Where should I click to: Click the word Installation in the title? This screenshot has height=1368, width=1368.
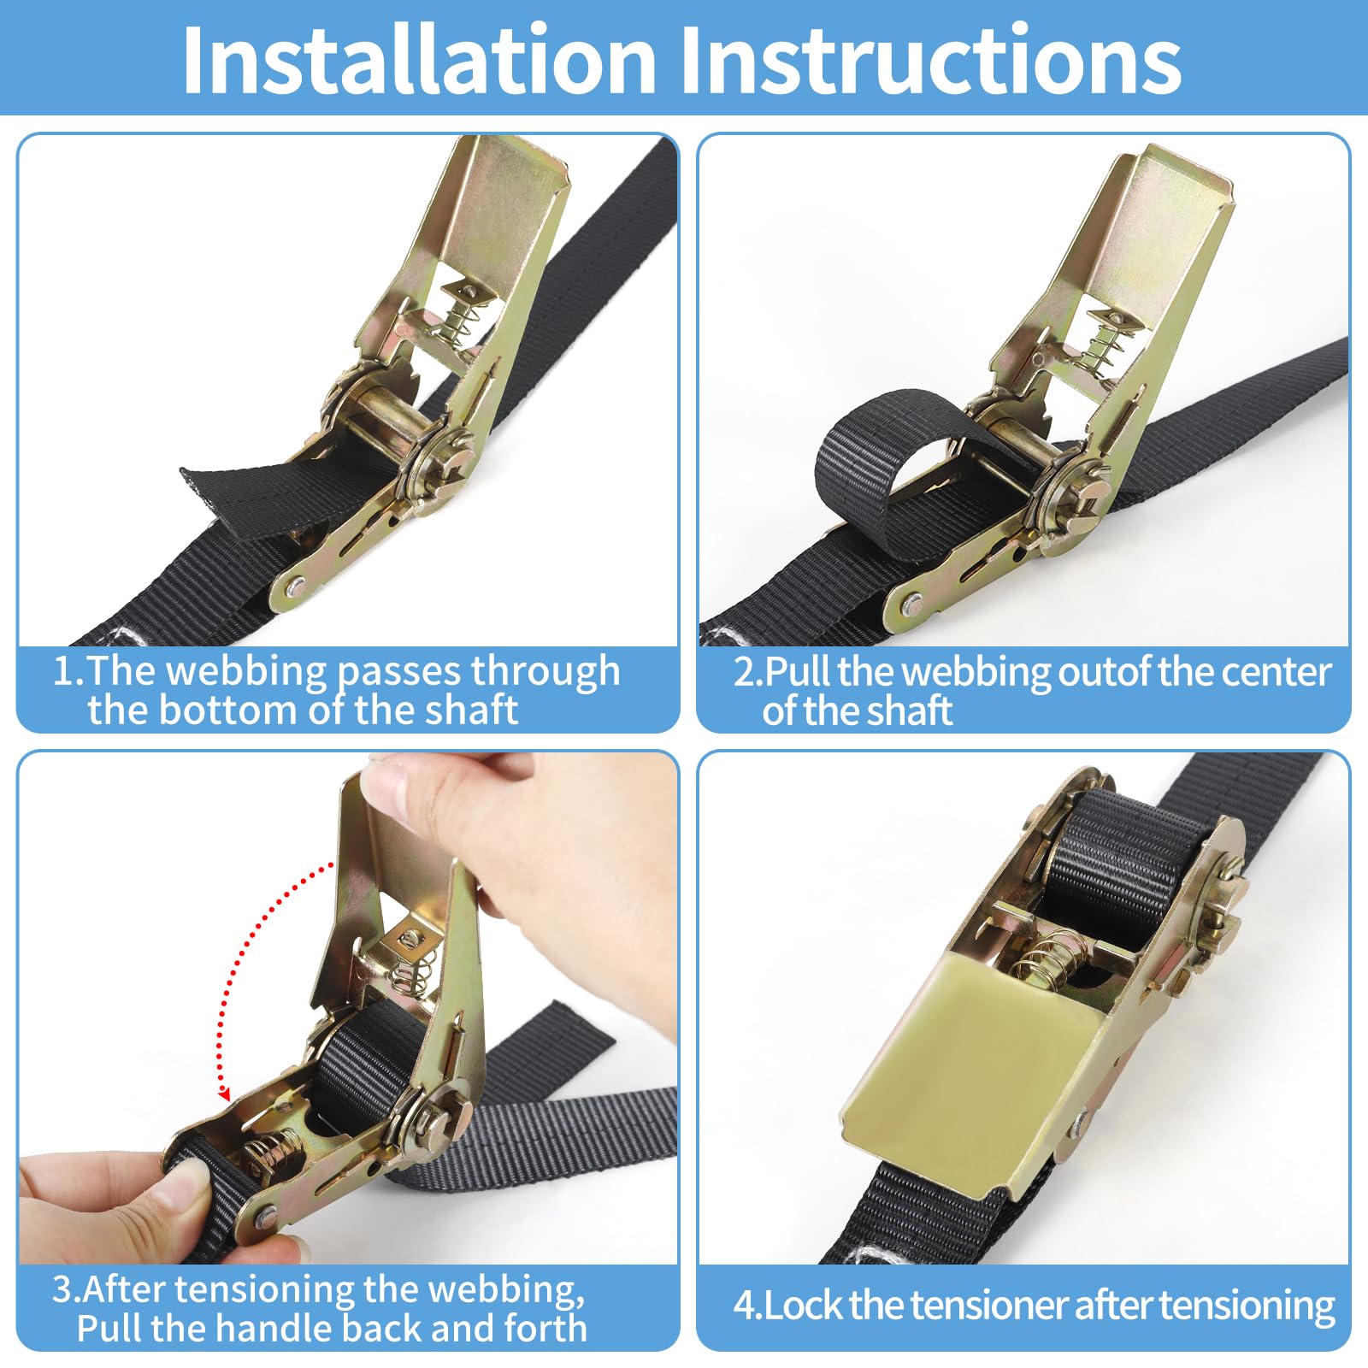(419, 60)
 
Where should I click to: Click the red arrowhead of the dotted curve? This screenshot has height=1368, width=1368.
(224, 1093)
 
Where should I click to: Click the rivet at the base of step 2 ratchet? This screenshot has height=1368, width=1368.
(911, 604)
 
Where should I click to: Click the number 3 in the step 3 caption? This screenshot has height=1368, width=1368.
(62, 1288)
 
